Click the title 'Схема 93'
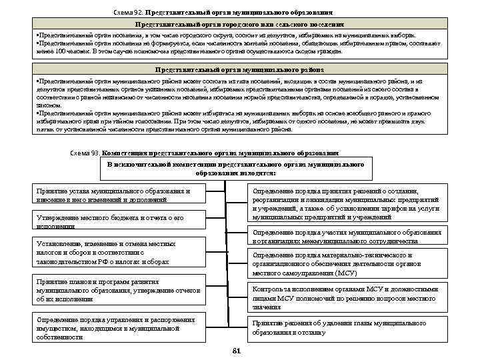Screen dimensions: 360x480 85,153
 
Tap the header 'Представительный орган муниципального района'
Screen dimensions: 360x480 239,69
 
